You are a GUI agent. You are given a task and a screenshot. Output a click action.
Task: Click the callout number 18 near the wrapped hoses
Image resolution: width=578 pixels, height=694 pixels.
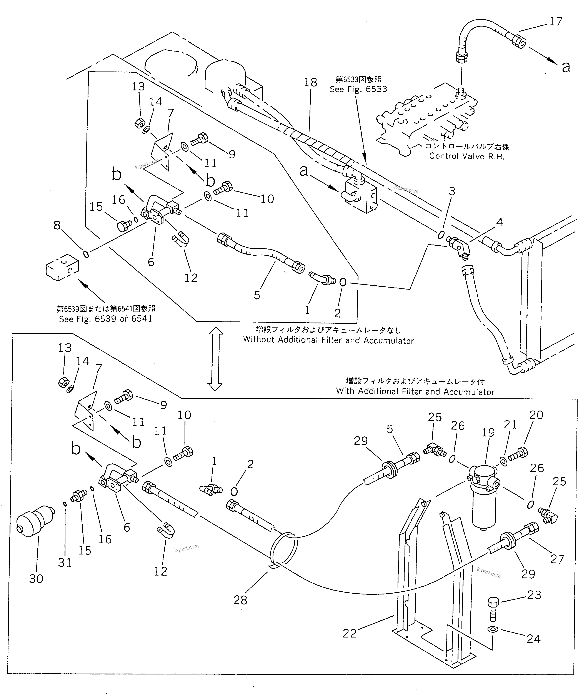tap(310, 82)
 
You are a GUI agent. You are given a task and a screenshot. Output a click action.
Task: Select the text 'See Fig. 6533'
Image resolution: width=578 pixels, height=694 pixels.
tap(358, 89)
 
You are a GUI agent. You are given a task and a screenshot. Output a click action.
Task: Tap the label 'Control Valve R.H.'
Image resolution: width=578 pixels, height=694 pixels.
tap(467, 156)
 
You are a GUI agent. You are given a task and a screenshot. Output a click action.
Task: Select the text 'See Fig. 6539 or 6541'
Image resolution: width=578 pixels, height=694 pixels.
tap(105, 319)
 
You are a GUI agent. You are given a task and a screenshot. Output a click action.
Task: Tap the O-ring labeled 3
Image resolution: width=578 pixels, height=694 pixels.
tap(441, 235)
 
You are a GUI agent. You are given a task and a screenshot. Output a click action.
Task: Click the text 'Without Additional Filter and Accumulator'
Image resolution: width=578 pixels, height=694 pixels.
tap(328, 340)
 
